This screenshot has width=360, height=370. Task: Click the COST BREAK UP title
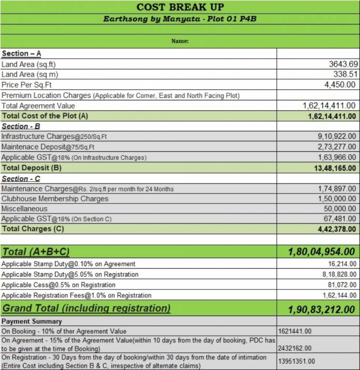(180, 7)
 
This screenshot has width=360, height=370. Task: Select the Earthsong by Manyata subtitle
(180, 19)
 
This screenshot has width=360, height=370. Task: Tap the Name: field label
(180, 41)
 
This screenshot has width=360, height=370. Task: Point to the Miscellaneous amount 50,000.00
(337, 209)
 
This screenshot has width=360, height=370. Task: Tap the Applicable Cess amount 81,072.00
(342, 285)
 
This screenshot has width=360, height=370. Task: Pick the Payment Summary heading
(31, 321)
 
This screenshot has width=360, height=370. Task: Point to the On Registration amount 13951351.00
(297, 361)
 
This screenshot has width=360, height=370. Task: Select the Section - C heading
(22, 178)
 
